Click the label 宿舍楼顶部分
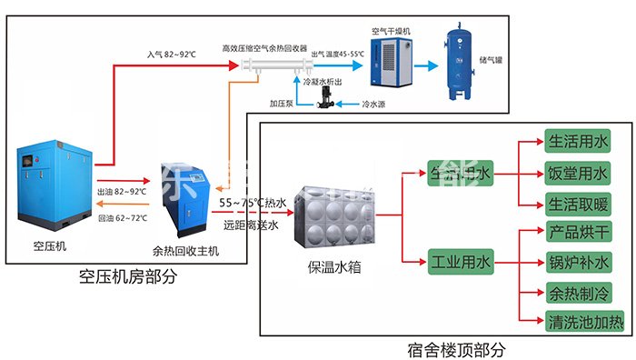(x=455, y=348)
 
